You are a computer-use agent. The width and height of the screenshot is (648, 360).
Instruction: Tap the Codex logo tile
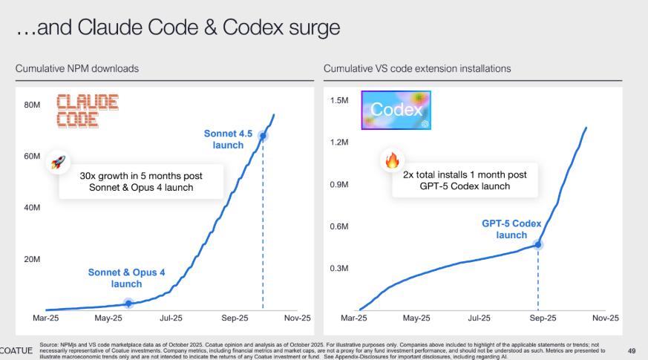pos(396,111)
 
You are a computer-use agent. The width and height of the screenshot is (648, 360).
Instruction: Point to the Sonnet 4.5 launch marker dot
pos(263,135)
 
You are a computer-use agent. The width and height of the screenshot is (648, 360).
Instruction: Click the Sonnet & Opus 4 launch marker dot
pos(128,303)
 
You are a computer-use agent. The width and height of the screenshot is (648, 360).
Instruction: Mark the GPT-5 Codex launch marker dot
pos(538,243)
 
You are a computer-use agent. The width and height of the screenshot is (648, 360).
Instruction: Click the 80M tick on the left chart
pos(31,105)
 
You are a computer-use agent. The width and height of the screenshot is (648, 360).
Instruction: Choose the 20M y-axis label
pos(31,259)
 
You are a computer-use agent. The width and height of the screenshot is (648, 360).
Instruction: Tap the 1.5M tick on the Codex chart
pos(339,100)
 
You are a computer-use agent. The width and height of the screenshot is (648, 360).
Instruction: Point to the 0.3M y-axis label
pos(339,268)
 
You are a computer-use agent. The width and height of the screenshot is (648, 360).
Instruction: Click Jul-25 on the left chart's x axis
pos(170,318)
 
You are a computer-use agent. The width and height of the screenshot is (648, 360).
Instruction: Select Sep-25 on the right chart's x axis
pos(543,318)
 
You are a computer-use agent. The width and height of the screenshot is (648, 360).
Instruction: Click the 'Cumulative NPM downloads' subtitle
pos(77,68)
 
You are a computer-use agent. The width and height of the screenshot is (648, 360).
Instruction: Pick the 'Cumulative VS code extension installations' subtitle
pos(417,68)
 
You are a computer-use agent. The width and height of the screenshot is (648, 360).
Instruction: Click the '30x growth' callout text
pos(141,181)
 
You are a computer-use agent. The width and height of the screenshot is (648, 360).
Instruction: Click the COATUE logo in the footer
pos(16,350)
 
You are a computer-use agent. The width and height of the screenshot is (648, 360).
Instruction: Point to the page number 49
pos(632,350)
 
